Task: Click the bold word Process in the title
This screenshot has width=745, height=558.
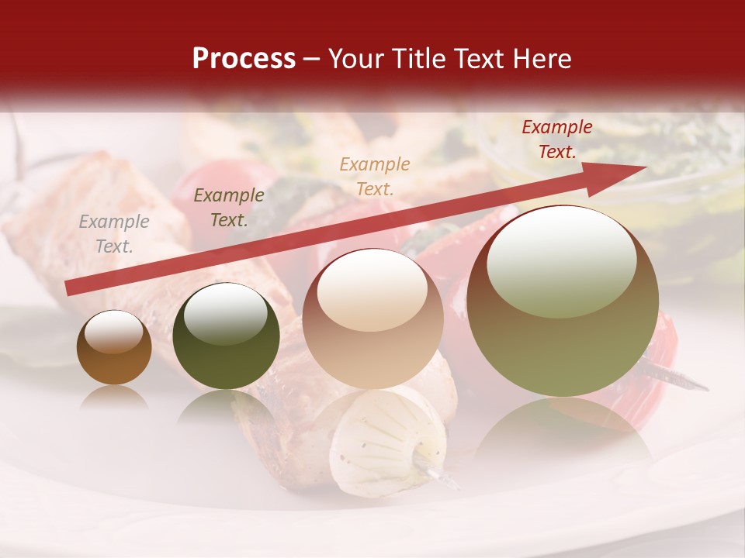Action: tap(244, 59)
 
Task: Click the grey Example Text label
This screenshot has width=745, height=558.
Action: tap(114, 234)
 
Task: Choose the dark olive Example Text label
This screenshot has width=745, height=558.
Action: tap(229, 208)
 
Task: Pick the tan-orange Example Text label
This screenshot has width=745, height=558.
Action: tap(375, 176)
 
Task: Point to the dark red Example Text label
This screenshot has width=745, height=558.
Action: tap(557, 139)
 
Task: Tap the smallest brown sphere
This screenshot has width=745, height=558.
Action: tap(114, 348)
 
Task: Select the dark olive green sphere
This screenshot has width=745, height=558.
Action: tap(226, 336)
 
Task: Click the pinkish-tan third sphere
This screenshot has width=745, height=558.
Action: tap(372, 319)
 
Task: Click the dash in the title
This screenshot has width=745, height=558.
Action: tap(312, 59)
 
